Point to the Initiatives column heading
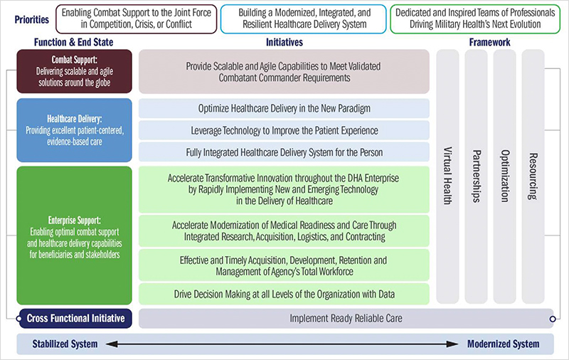click(x=284, y=42)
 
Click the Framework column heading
click(x=489, y=42)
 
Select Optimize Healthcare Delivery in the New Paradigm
click(x=284, y=108)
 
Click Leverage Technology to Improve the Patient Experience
click(x=284, y=130)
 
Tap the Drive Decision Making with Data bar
click(x=284, y=294)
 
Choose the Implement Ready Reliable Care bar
click(x=346, y=318)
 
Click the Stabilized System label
click(x=65, y=344)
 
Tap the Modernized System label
click(x=503, y=344)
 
